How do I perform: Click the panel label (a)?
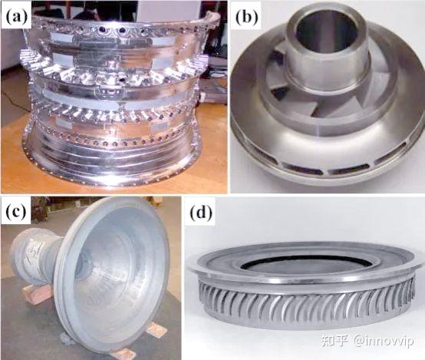17,17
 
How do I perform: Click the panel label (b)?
247,18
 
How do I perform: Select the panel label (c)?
16,212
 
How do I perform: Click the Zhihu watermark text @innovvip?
384,340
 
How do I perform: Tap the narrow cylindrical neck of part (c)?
35,256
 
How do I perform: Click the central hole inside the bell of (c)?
84,266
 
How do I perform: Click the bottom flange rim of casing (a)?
114,179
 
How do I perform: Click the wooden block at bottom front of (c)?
124,353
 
